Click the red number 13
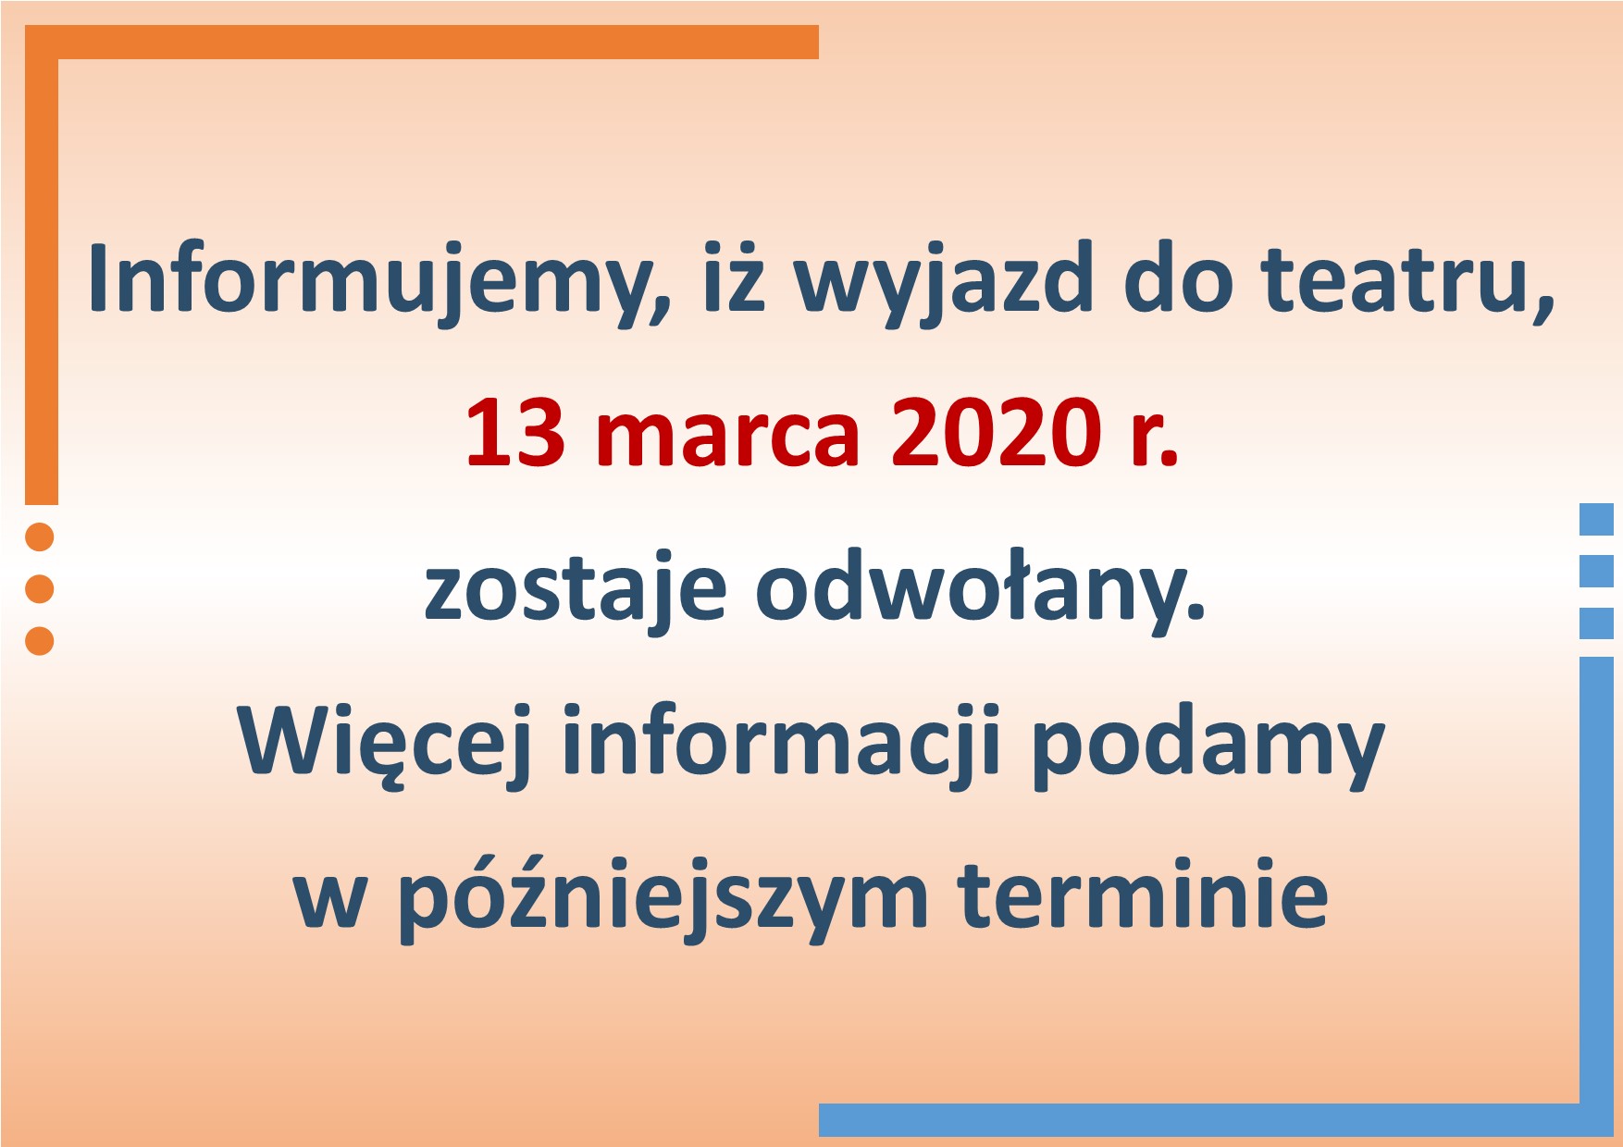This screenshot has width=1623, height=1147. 514,433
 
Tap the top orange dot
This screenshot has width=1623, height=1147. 40,536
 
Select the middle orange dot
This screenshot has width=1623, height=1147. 40,588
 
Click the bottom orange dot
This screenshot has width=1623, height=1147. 40,640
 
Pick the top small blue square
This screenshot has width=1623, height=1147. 1596,519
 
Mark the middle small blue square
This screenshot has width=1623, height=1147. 1596,571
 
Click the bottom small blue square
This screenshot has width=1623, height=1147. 1596,623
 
